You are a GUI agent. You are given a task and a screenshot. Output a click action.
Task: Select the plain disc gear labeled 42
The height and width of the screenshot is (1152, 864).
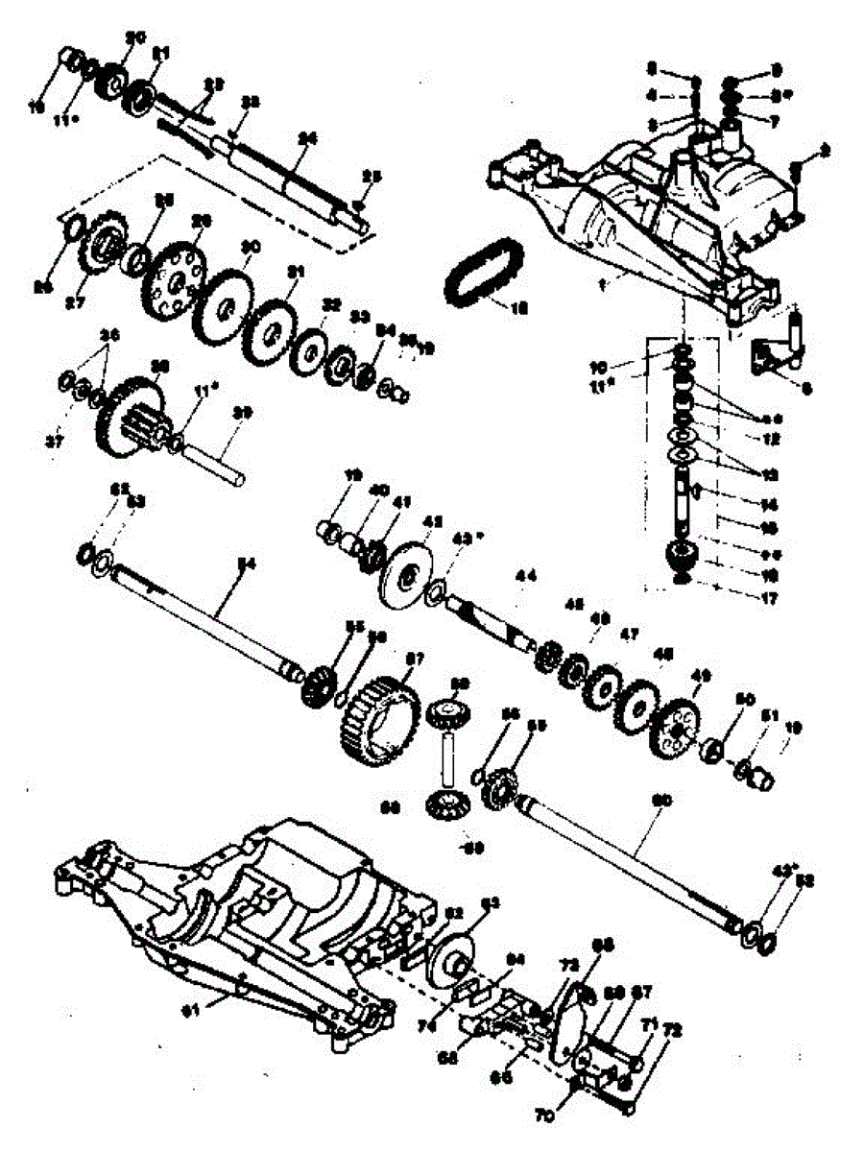(x=407, y=577)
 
